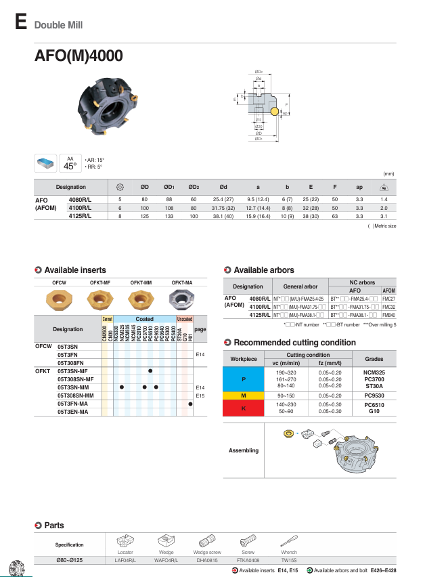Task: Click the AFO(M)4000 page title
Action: click(x=79, y=56)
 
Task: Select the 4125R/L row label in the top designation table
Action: click(x=81, y=216)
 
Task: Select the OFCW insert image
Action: click(x=59, y=298)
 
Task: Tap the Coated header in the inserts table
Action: click(x=144, y=319)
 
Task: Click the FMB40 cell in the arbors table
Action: click(x=388, y=315)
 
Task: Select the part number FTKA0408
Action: click(x=248, y=560)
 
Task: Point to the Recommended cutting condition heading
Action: click(x=285, y=342)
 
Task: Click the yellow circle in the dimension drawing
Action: click(x=275, y=110)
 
